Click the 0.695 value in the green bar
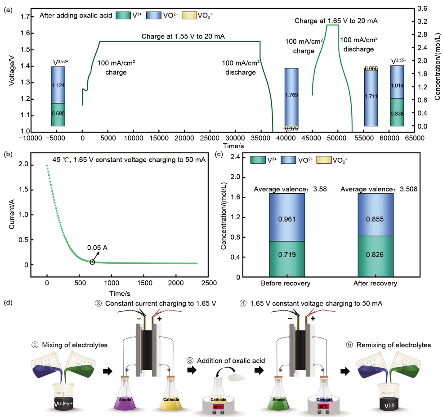click(x=58, y=113)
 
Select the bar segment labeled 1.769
click(x=291, y=95)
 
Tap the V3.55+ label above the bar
click(x=398, y=61)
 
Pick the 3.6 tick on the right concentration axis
click(x=422, y=9)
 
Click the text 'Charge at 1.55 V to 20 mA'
click(x=183, y=36)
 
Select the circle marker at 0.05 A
click(x=92, y=262)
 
